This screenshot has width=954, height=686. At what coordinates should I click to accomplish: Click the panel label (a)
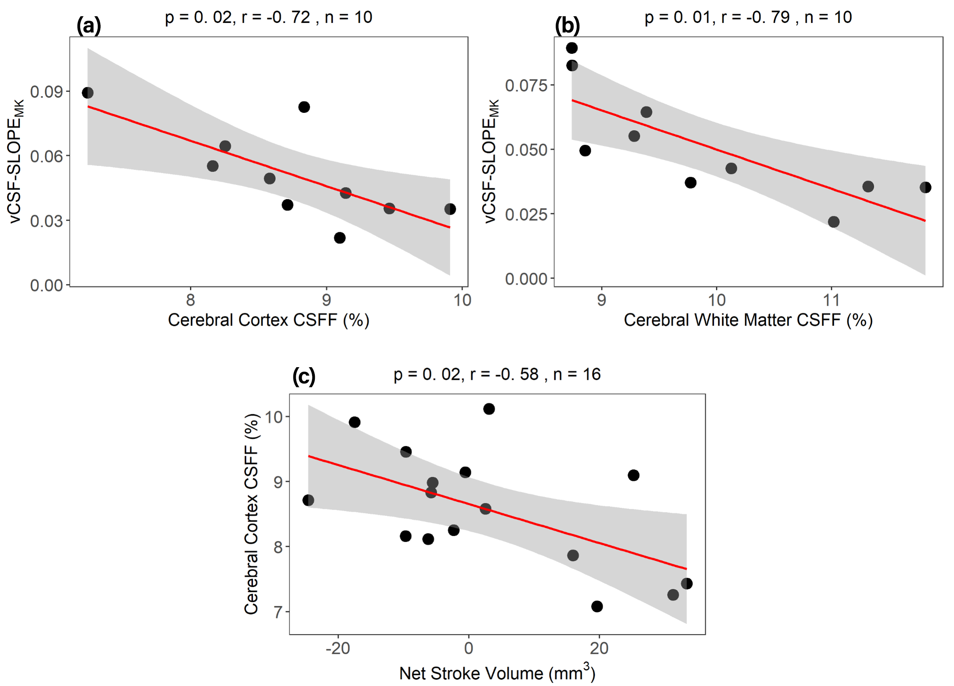click(x=89, y=26)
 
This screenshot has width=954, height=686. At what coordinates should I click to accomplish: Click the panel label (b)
click(x=567, y=26)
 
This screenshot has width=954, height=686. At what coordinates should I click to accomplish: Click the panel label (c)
click(x=304, y=376)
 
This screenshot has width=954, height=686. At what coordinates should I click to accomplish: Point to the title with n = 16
click(x=497, y=374)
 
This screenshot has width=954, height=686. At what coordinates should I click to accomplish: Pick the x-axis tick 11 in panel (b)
click(x=831, y=300)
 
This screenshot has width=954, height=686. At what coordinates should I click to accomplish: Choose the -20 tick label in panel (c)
click(x=338, y=648)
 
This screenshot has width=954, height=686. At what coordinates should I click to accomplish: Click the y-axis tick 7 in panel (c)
click(x=278, y=612)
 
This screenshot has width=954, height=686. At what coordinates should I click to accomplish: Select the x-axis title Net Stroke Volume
click(x=497, y=673)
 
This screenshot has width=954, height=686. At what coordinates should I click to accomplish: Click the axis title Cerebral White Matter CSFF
click(x=748, y=320)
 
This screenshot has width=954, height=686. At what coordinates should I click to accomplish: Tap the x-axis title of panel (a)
click(x=268, y=320)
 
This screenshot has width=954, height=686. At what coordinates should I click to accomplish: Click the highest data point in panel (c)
click(x=489, y=409)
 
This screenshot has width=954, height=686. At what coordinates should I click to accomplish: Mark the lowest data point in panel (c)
click(x=597, y=606)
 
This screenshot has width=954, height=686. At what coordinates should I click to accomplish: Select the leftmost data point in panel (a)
click(x=88, y=93)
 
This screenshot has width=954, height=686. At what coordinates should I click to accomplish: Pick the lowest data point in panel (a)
click(x=340, y=238)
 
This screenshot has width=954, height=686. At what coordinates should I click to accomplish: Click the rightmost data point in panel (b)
click(x=925, y=188)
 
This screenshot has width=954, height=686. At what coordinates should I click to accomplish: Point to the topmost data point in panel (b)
click(x=571, y=48)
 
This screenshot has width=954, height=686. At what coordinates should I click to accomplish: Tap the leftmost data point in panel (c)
click(x=308, y=500)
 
